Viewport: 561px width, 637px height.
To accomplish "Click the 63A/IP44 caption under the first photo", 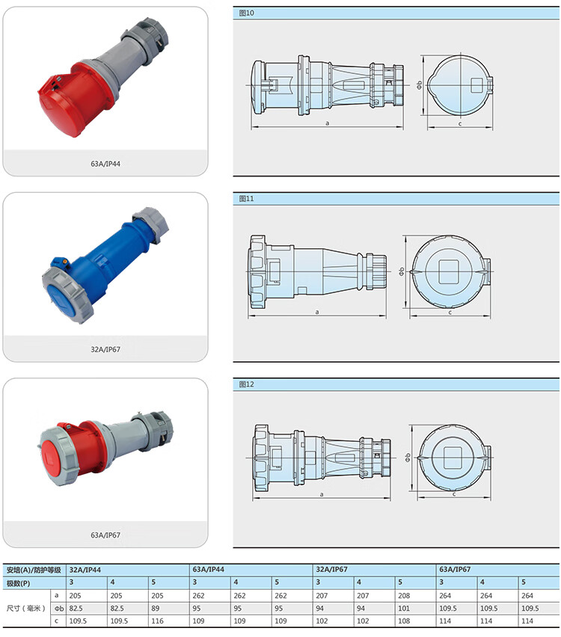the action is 105,164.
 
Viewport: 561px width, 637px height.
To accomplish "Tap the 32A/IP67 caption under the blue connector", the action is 105,349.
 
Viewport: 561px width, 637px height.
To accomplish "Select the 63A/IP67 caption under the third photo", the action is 105,535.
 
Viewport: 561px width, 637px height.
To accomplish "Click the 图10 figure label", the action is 246,13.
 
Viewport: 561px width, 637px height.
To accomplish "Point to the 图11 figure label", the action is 246,199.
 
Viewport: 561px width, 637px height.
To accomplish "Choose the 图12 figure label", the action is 246,384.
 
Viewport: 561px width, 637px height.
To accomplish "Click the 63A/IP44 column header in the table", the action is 209,570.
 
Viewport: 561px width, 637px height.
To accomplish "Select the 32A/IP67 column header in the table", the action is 331,570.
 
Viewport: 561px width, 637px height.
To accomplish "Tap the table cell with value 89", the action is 156,609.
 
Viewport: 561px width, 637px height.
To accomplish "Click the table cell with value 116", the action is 157,621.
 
